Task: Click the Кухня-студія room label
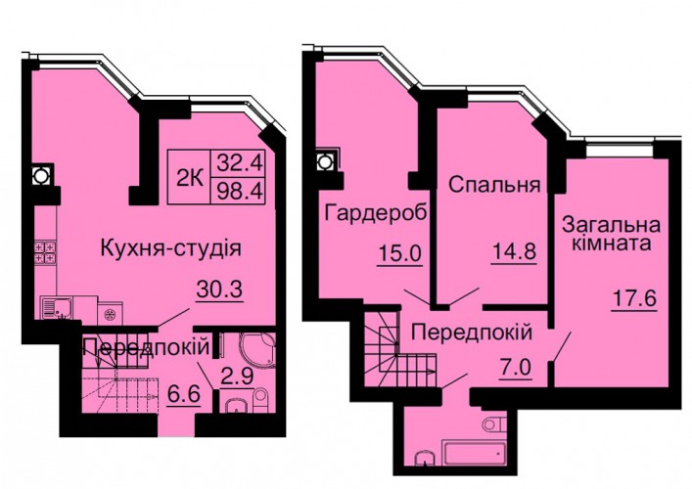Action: [x=171, y=249]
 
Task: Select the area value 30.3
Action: [x=220, y=289]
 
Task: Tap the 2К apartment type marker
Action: [x=190, y=179]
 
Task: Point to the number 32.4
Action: [x=239, y=163]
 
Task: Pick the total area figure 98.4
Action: [x=239, y=191]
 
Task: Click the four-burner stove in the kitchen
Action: [x=45, y=252]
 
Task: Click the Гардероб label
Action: [x=377, y=213]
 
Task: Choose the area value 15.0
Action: [x=400, y=254]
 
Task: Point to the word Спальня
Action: [x=494, y=185]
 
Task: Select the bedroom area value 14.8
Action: [x=514, y=252]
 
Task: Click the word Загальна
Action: [x=611, y=225]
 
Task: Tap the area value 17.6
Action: [x=634, y=299]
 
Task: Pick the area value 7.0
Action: [x=516, y=368]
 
